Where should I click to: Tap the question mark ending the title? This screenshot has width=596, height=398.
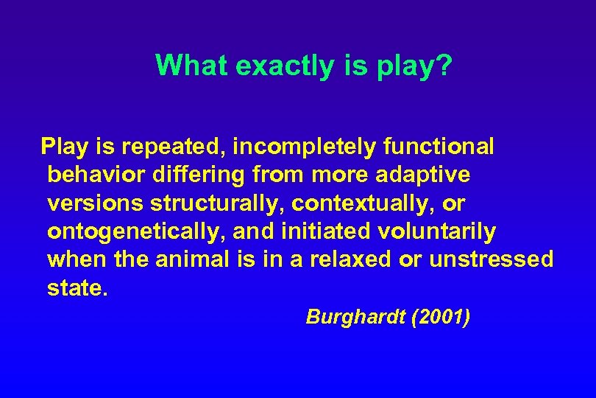[444, 66]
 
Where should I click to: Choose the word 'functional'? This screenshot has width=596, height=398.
[439, 147]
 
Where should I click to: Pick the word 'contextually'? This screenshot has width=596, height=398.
[360, 203]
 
